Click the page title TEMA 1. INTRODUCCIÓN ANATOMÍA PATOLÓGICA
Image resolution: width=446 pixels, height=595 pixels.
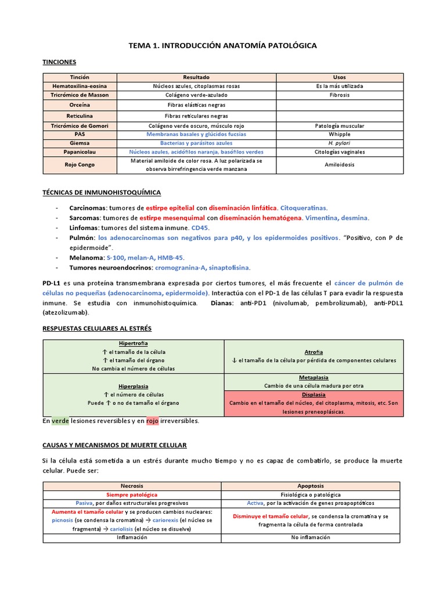click(x=222, y=45)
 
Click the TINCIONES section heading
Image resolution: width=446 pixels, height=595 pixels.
click(x=59, y=62)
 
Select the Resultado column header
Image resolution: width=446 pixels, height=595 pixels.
click(x=196, y=77)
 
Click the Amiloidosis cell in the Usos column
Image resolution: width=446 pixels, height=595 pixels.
click(x=339, y=164)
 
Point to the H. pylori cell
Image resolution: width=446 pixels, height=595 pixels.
click(x=339, y=142)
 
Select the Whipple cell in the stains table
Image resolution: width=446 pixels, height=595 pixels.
click(x=339, y=134)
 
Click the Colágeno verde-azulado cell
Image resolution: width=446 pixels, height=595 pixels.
click(x=196, y=95)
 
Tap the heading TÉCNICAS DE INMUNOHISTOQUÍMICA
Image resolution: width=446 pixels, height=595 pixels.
click(x=102, y=192)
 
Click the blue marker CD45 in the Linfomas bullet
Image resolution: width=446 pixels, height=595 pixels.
click(x=199, y=228)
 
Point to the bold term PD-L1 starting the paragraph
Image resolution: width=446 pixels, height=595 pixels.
click(x=53, y=282)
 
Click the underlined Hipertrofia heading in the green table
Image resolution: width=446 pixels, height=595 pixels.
click(x=133, y=343)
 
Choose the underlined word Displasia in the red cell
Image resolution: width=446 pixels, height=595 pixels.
click(x=314, y=394)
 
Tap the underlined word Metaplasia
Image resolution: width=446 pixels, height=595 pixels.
click(x=314, y=377)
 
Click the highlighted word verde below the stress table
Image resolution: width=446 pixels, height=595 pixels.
click(x=60, y=421)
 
